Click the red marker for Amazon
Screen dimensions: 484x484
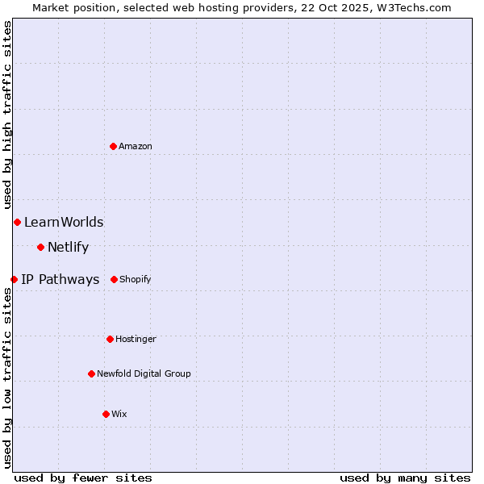coord(114,146)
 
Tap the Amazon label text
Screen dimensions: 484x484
coord(136,146)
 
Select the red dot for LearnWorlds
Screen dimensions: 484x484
coord(17,222)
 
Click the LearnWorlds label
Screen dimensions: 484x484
coord(64,223)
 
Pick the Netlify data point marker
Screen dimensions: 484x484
coord(40,247)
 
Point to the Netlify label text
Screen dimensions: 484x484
coord(68,248)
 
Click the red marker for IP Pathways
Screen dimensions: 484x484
coord(14,279)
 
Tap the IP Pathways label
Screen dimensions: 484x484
coord(60,280)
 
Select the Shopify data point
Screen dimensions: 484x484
coord(114,279)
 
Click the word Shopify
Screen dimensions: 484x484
coord(136,280)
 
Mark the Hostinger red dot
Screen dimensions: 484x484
coord(110,339)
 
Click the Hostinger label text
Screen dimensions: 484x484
coord(136,340)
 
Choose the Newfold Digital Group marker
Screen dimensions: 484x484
coord(91,373)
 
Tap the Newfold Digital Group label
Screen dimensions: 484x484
coord(144,374)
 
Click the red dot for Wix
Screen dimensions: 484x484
coord(106,414)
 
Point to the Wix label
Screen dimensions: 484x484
coord(119,415)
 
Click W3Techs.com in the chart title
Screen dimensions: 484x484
coord(412,8)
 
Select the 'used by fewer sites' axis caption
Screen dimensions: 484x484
coord(83,478)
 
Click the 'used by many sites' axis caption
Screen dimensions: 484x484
coord(405,478)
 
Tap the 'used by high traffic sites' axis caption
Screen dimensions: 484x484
coord(8,115)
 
